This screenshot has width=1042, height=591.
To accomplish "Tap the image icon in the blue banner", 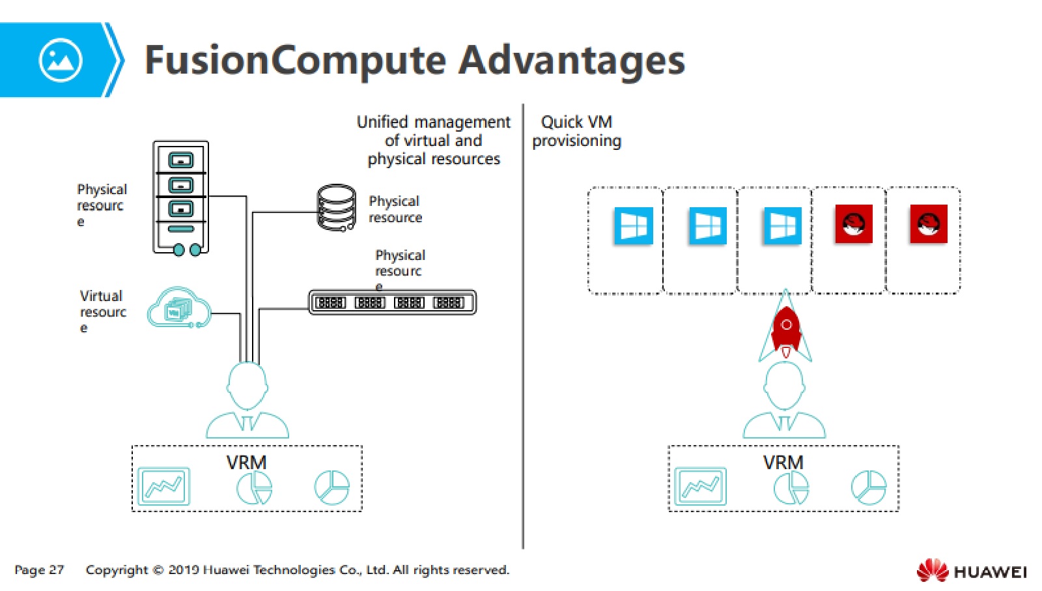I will coord(61,61).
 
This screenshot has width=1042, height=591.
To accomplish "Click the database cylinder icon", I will coord(336,208).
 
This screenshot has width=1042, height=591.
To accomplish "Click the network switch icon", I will coord(392,302).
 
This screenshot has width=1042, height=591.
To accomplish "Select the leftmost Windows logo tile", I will coord(633,225).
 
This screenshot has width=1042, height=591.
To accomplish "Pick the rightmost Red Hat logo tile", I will coord(928,224).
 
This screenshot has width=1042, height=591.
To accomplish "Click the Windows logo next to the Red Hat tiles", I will coord(782,225).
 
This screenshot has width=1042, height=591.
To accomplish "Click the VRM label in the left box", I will coord(246,463).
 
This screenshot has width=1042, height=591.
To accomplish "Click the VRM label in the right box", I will coord(783,463).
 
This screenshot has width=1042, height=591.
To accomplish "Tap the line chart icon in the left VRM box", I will coord(163,486).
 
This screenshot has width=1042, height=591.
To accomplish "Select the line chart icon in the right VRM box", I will coord(700,486).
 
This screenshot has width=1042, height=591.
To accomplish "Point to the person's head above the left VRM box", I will coord(247,385).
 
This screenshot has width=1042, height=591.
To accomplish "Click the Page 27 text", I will coord(39,569).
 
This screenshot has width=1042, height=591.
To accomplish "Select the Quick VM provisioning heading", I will coord(576,131).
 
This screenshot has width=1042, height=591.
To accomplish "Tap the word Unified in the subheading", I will coord(382,122).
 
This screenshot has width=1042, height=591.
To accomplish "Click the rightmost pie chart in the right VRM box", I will coord(868,487).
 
